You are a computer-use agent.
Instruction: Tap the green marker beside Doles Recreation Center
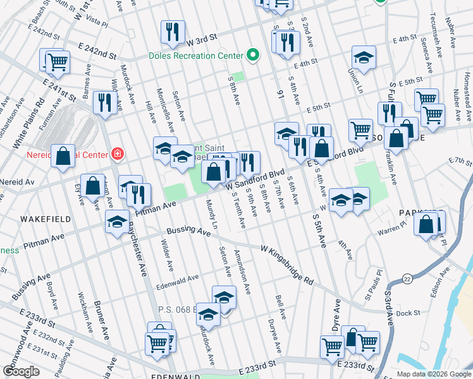(253, 55)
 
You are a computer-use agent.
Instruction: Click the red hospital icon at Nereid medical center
(116, 153)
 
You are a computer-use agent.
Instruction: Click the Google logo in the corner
(21, 371)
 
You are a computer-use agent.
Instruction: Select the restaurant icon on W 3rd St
(173, 32)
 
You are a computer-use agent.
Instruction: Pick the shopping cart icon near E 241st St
(57, 62)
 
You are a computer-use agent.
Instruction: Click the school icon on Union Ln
(364, 58)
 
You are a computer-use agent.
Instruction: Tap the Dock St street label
(409, 313)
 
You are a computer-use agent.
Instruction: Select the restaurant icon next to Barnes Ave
(103, 103)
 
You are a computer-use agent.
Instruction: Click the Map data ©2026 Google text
(434, 374)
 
